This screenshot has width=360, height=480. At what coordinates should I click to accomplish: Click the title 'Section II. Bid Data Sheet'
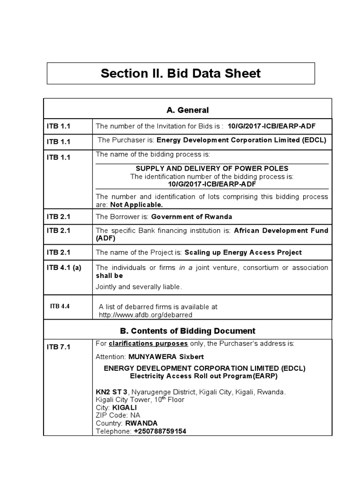[180, 74]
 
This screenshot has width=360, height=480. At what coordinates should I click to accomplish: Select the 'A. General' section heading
[187, 110]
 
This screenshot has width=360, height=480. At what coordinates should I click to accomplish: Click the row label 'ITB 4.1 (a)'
[64, 268]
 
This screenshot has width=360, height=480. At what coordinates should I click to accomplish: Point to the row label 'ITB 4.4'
[60, 306]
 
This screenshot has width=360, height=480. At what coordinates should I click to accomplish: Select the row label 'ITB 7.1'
[58, 347]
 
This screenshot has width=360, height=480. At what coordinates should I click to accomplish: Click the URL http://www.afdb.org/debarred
[145, 315]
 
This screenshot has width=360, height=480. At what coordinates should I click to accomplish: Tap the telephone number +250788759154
[159, 431]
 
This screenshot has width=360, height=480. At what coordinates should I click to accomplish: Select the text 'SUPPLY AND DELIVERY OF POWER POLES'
[212, 168]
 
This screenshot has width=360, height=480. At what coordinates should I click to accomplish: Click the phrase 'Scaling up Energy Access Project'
[243, 252]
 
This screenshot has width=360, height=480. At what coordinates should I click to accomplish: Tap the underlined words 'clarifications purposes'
[145, 344]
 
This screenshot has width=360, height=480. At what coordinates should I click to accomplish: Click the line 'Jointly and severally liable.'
[138, 286]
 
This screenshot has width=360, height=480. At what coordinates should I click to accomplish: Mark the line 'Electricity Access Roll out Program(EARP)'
[204, 376]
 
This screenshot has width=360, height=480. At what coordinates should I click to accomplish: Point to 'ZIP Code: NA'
[118, 415]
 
